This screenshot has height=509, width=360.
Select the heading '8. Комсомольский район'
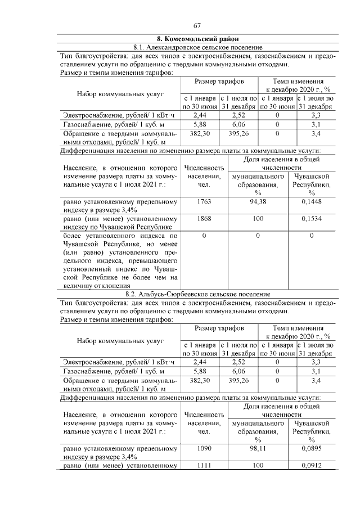[197, 39]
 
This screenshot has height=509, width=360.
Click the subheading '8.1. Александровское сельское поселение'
[197, 47]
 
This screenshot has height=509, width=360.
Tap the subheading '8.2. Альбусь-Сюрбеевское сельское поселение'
[197, 294]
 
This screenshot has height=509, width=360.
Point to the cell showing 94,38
[258, 201]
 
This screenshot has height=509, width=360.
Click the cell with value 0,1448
[310, 201]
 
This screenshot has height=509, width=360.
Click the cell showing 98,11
[258, 448]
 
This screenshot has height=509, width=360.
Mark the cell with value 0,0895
[310, 448]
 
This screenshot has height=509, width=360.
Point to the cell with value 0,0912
[310, 466]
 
